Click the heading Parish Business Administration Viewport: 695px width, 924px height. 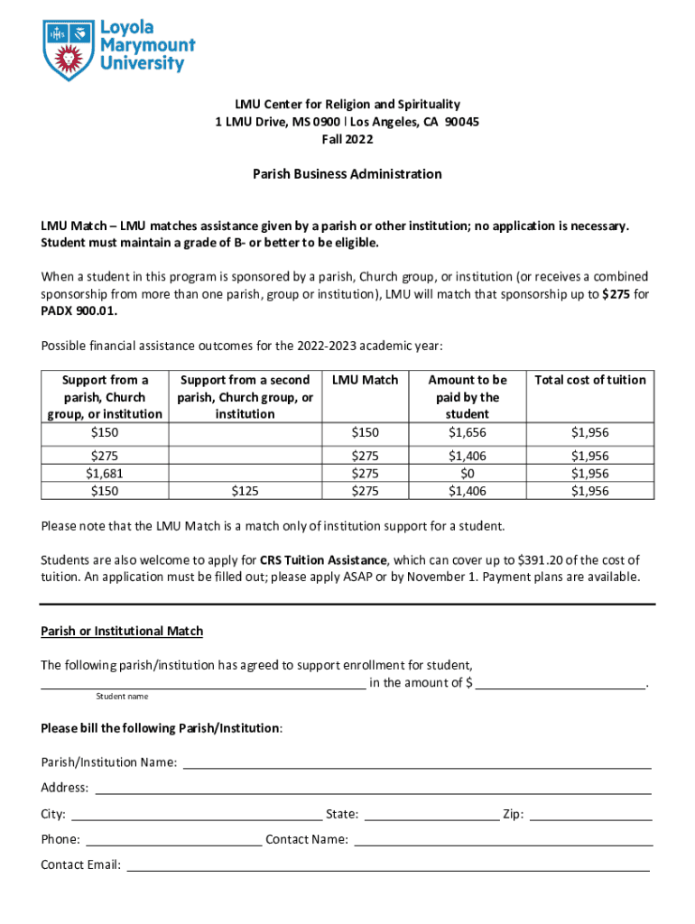[x=347, y=174]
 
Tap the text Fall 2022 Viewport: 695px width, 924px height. [x=347, y=139]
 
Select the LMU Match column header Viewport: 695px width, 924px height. [x=365, y=380]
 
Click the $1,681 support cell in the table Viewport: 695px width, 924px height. [x=105, y=474]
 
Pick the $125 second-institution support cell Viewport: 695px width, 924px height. [x=245, y=491]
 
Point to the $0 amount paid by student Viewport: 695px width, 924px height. [x=467, y=474]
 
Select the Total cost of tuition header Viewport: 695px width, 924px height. [x=590, y=380]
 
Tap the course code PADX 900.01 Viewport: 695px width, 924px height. [x=79, y=311]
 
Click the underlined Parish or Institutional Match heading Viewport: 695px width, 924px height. [x=122, y=631]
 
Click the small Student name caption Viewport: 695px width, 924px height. [x=122, y=697]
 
